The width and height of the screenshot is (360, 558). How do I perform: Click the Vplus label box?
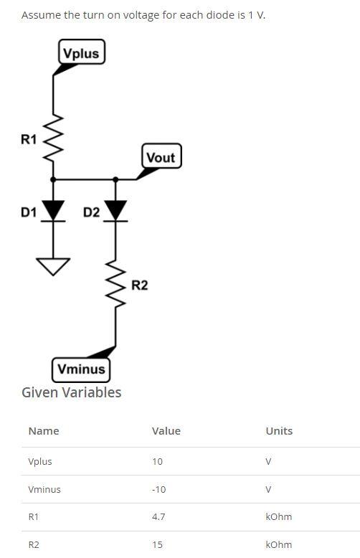[x=81, y=53]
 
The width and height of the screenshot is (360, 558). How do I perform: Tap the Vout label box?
[x=161, y=157]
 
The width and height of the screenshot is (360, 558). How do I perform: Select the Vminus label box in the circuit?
[x=81, y=369]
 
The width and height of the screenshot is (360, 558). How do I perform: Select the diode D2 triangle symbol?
[x=115, y=210]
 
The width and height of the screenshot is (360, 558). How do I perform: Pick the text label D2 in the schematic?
[x=91, y=212]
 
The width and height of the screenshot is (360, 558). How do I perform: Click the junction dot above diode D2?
[x=115, y=179]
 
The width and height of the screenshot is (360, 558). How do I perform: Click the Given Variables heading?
[x=72, y=392]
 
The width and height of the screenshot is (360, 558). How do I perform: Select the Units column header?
[x=279, y=431]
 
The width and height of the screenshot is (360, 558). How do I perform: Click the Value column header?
[x=166, y=431]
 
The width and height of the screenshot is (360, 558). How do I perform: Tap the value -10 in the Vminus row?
[x=158, y=489]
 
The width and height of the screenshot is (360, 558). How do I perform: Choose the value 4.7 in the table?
[x=158, y=516]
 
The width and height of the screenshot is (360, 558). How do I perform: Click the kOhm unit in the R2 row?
[x=278, y=544]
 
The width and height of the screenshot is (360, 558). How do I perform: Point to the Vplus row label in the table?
[x=40, y=461]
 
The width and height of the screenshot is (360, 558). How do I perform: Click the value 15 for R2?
[x=157, y=544]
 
